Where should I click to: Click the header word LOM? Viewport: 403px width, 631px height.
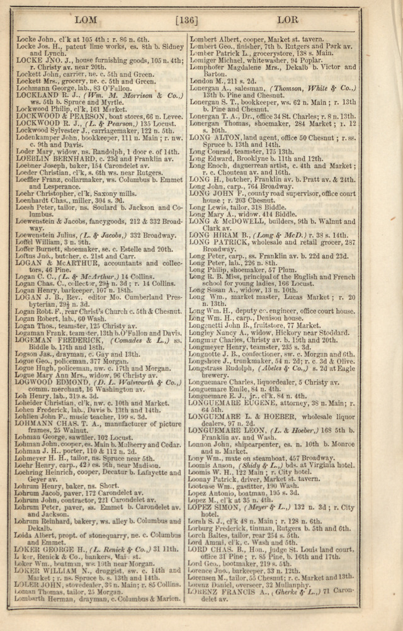(x=86, y=20)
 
